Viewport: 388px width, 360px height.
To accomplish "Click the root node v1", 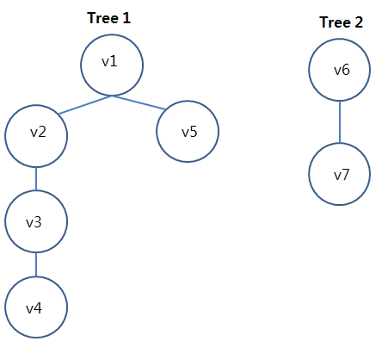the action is point(112,65).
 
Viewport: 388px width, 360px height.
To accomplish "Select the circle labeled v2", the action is point(36,136).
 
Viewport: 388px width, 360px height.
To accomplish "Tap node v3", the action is point(36,221).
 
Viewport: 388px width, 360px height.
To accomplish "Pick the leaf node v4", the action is point(36,307).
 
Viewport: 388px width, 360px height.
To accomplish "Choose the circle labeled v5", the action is point(188,132).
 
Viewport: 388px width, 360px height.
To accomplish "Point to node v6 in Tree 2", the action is point(340,70).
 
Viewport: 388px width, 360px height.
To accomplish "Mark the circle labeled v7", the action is point(340,174).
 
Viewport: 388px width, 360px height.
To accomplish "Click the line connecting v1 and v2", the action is point(85,105).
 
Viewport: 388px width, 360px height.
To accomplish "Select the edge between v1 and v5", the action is point(139,102).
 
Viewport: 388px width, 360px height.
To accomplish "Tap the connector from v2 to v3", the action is point(36,179).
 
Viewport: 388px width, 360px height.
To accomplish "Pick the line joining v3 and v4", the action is point(36,264).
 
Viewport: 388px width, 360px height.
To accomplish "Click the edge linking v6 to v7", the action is point(340,122).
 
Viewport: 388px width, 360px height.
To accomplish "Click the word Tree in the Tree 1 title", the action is point(102,18).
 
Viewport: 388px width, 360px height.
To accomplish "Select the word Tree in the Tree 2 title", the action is point(335,22).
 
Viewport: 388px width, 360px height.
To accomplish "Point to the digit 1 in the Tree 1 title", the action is point(126,18).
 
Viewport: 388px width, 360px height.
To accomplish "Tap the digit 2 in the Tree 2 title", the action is point(359,22).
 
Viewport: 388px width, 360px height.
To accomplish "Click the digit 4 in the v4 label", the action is point(38,308).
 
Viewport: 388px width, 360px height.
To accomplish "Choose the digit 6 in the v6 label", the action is point(346,70).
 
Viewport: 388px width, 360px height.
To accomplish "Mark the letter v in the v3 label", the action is point(30,224).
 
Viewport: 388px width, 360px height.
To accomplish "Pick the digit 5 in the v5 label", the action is point(194,132).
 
